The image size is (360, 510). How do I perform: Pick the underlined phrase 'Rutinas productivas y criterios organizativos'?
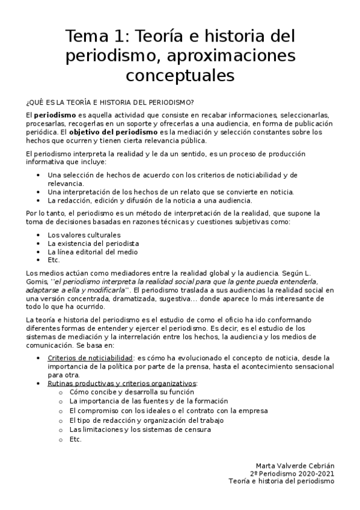(x=122, y=383)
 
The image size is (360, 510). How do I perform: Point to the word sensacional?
(x=308, y=366)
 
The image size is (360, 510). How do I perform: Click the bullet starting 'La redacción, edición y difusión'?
(x=150, y=200)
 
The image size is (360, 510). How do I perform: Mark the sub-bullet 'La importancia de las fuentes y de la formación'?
(x=148, y=401)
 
